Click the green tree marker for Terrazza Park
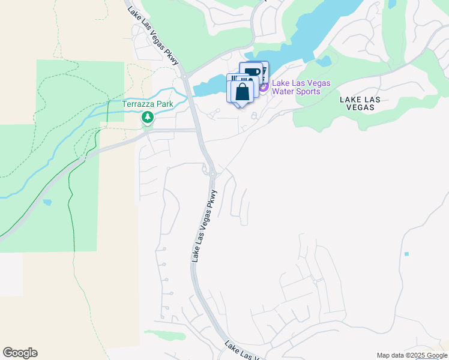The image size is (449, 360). pos(147,118)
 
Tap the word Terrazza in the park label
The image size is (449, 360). pos(139,104)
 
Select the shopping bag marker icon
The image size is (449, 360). pos(243,92)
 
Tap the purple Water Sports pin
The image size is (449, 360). pos(264,88)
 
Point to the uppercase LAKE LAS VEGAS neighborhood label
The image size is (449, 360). pos(357,103)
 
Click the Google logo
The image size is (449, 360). pos(20,353)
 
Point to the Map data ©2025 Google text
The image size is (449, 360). pos(412,355)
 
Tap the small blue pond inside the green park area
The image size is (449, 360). pos(47,202)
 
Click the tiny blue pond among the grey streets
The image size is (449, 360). pos(406,254)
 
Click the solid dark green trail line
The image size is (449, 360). pos(71,198)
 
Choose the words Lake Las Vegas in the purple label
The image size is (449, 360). pos(298,83)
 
